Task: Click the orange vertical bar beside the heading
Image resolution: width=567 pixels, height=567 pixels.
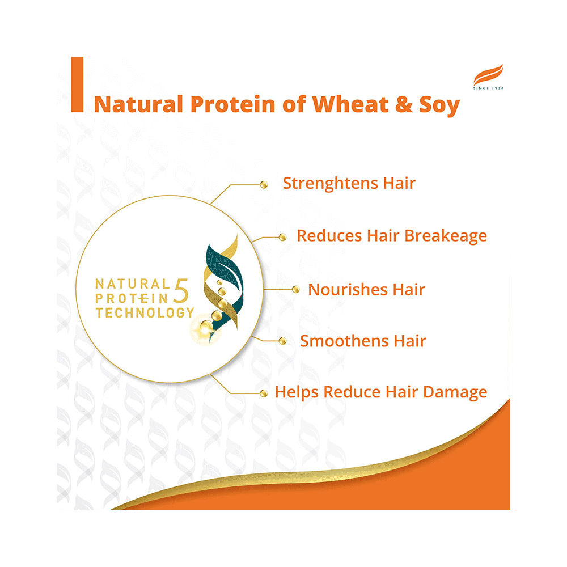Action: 77,84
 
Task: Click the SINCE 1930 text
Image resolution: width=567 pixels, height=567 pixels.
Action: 488,88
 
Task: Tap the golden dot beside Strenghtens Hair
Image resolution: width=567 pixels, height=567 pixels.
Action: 263,184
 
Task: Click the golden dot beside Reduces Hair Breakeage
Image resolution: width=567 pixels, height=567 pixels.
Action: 282,238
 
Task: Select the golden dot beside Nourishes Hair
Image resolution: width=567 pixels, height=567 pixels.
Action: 295,290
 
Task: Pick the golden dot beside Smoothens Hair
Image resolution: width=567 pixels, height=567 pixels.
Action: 283,341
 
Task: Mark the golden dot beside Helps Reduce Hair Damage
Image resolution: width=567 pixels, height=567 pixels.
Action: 263,393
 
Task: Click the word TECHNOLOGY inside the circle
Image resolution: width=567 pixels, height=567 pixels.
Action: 145,312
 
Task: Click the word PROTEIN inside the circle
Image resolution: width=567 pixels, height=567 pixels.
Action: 133,298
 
